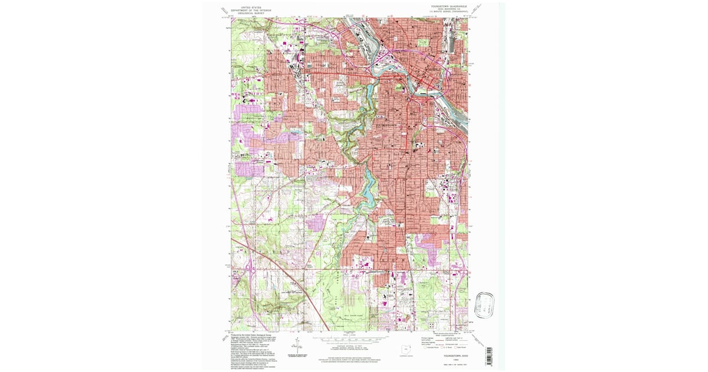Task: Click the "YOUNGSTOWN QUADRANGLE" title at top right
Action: [x=448, y=5]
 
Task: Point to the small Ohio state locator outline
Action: [x=404, y=351]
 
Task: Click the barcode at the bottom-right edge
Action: [x=487, y=356]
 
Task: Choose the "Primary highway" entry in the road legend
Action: [x=428, y=338]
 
